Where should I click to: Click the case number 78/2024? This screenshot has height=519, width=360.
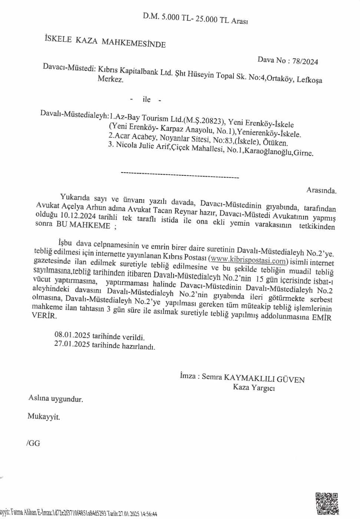click(x=305, y=62)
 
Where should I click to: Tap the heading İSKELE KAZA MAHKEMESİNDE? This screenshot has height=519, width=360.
click(x=105, y=41)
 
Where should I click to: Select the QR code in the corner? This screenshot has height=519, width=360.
click(x=327, y=503)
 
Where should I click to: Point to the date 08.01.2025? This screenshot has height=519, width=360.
click(x=72, y=335)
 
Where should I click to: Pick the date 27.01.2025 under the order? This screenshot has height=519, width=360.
click(x=72, y=344)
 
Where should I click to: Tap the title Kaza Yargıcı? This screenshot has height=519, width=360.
click(x=254, y=388)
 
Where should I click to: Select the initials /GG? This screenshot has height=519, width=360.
click(x=33, y=443)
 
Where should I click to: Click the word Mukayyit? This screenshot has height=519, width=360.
click(x=43, y=416)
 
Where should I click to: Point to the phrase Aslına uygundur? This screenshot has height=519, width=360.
click(x=56, y=399)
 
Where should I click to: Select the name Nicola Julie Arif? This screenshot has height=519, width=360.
click(x=143, y=146)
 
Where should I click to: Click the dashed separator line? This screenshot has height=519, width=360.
click(x=180, y=174)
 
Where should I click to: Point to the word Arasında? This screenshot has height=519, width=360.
click(x=321, y=191)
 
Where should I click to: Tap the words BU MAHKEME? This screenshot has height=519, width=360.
click(x=83, y=225)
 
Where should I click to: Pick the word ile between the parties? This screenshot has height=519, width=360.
click(x=146, y=99)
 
